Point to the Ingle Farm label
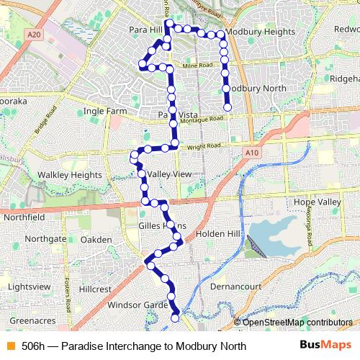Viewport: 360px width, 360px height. click(x=104, y=112)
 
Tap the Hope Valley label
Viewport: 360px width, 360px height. click(x=315, y=203)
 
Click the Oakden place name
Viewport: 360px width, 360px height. click(x=96, y=239)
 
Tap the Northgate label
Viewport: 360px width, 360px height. click(x=45, y=238)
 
